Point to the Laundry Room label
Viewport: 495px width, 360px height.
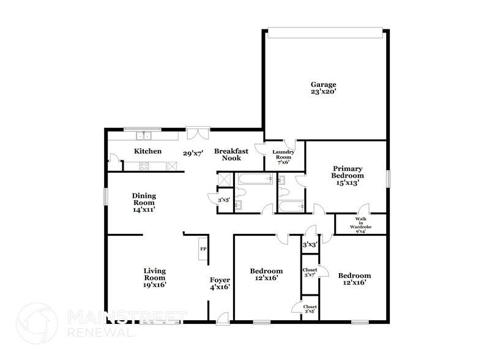pyautogui.click(x=283, y=156)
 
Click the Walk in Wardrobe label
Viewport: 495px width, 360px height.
pyautogui.click(x=360, y=225)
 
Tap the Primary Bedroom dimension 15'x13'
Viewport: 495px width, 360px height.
pyautogui.click(x=348, y=182)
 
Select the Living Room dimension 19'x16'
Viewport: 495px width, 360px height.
pyautogui.click(x=155, y=284)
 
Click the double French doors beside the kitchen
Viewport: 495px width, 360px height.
pyautogui.click(x=198, y=132)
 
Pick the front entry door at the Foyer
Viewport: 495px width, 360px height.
pyautogui.click(x=221, y=318)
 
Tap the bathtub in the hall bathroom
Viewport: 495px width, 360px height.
pyautogui.click(x=253, y=180)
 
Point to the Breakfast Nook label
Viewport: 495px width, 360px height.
pyautogui.click(x=227, y=154)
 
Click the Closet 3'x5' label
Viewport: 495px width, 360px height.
pyautogui.click(x=310, y=309)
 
